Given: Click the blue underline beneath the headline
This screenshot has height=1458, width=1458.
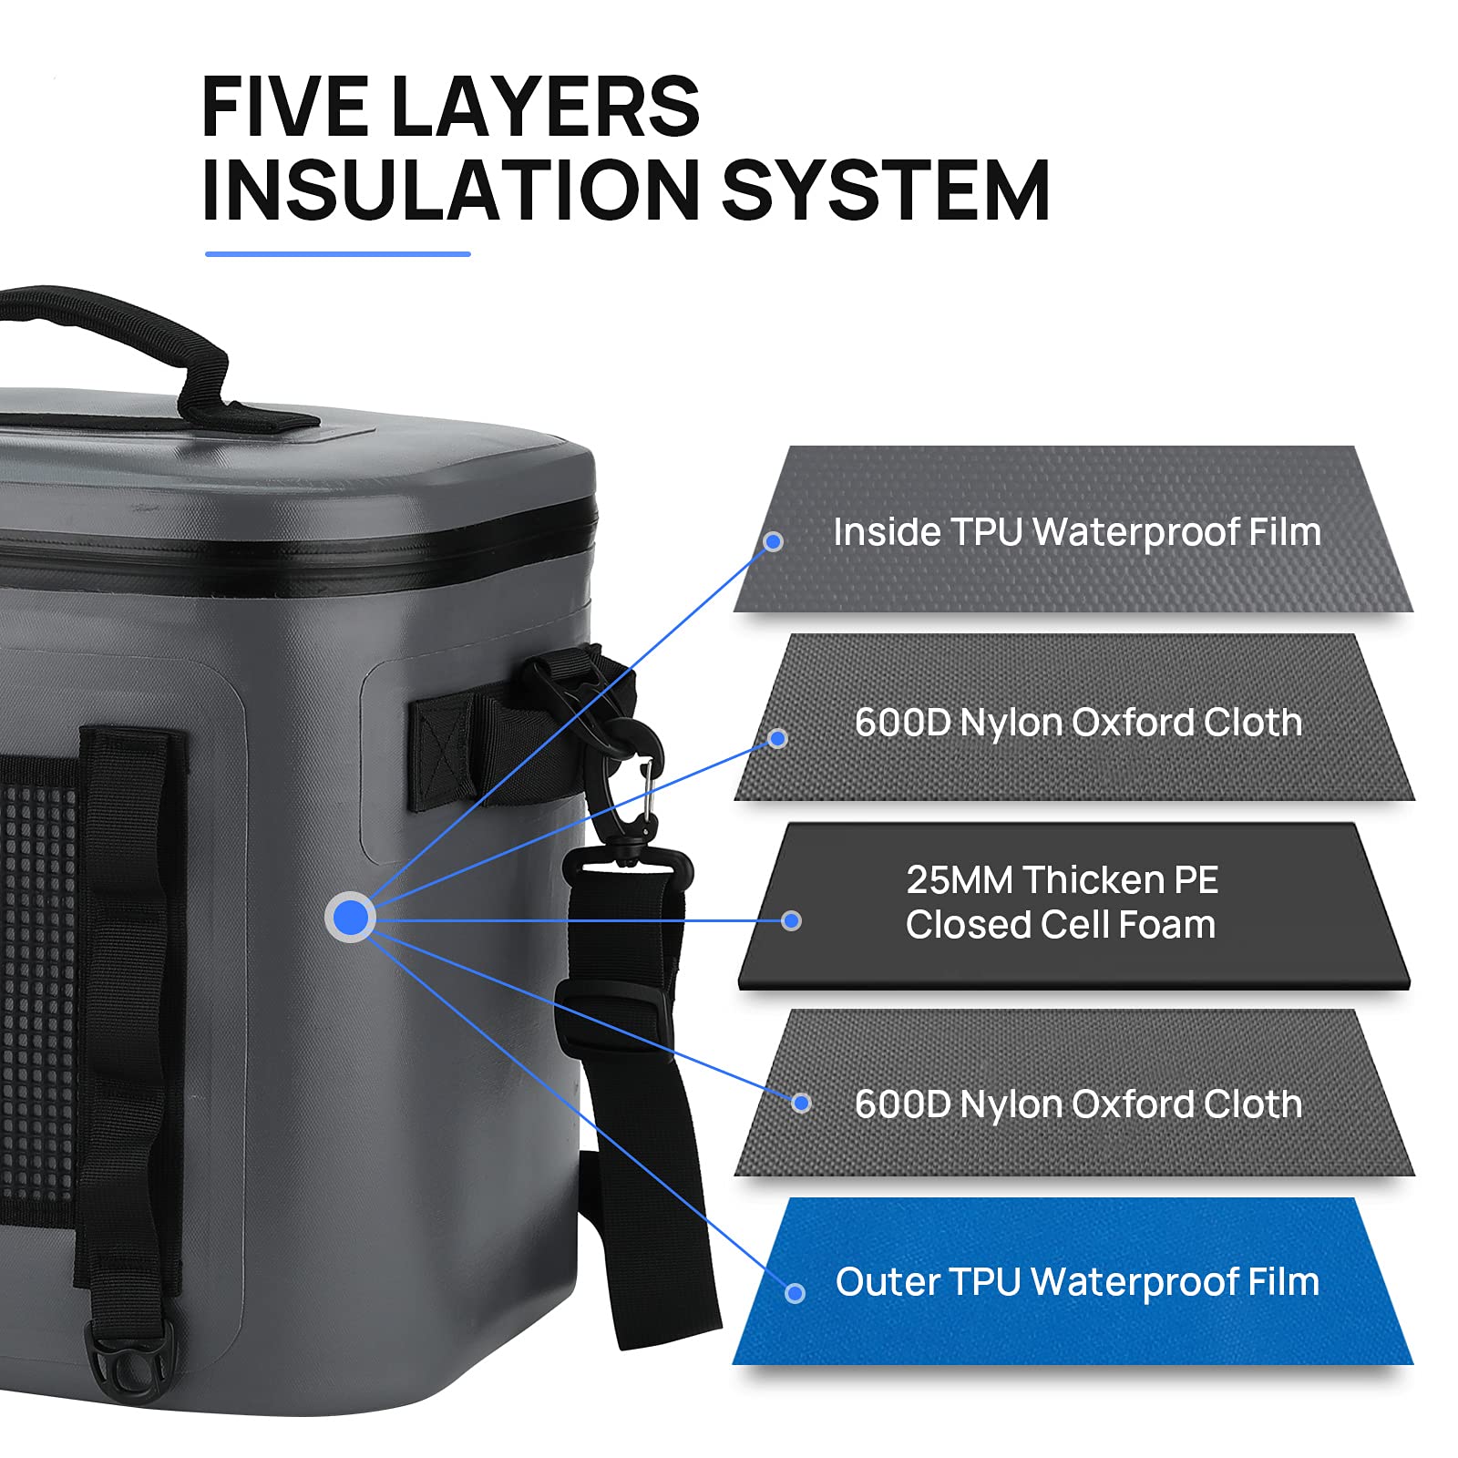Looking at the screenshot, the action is click(x=338, y=254).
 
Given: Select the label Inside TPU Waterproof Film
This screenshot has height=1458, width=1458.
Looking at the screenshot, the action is click(x=1077, y=533).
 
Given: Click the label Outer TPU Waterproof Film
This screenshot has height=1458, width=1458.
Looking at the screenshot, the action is click(x=1077, y=1282).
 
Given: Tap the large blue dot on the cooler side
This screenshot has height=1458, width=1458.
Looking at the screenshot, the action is click(x=351, y=918).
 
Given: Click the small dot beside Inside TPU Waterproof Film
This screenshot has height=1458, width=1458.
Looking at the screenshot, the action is click(x=774, y=542).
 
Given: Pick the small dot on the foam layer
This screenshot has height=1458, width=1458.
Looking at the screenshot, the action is click(x=792, y=921).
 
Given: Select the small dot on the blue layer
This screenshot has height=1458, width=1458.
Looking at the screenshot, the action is click(x=795, y=1293).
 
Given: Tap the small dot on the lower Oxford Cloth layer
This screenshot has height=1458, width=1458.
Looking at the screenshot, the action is click(x=801, y=1104).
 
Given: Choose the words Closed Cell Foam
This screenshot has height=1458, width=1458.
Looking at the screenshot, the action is click(x=1061, y=925).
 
